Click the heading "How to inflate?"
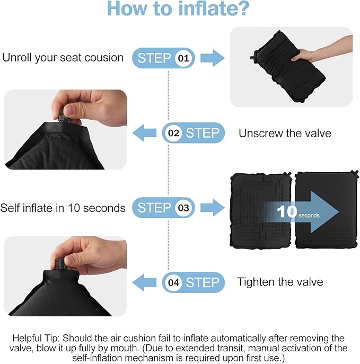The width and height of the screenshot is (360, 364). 179,10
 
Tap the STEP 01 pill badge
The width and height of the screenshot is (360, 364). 163,58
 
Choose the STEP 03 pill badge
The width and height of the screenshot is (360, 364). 163,208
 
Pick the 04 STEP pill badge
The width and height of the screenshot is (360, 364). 193,282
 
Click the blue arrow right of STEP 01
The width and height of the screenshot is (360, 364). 212,58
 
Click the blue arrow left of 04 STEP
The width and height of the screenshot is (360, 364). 144,282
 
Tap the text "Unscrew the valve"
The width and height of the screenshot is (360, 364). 285,134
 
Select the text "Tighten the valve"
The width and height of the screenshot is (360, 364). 280,282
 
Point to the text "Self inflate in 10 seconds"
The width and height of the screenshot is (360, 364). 63,208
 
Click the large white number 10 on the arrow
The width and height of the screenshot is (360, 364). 286,211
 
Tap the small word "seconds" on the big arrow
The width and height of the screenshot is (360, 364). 309,216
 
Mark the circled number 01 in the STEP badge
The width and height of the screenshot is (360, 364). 182,58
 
